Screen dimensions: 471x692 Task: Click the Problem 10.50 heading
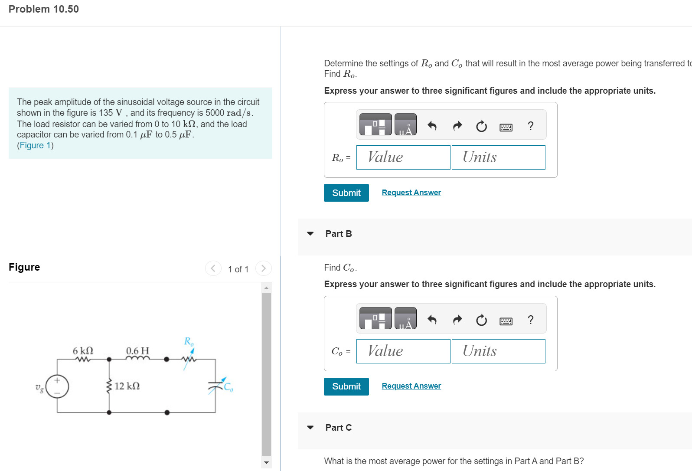44,9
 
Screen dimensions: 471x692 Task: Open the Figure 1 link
35,145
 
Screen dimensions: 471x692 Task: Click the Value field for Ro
403,157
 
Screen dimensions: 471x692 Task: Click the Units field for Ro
498,157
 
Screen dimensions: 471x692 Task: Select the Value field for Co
403,351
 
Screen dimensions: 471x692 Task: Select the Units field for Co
498,351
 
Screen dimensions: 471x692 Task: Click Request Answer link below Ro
411,193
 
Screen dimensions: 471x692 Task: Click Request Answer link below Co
411,386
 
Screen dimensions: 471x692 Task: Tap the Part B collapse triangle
310,234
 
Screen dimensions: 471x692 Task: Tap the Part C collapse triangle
310,428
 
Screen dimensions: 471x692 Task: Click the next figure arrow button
263,268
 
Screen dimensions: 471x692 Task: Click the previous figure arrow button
213,268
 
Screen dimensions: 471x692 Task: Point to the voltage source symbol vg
57,386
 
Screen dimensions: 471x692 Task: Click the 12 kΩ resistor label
127,386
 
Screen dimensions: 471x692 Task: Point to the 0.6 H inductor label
137,350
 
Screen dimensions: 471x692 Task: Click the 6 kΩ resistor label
83,350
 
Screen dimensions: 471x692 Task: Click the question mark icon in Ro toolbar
530,126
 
